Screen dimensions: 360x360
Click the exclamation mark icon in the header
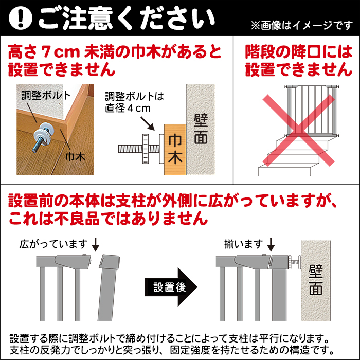pyautogui.click(x=20, y=19)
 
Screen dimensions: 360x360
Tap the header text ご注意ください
pyautogui.click(x=126, y=19)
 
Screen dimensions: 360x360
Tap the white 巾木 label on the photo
pyautogui.click(x=75, y=157)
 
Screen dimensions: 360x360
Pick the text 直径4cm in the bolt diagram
pyautogui.click(x=128, y=109)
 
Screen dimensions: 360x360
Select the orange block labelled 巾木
pyautogui.click(x=174, y=149)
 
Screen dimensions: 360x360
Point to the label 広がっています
pyautogui.click(x=53, y=244)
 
